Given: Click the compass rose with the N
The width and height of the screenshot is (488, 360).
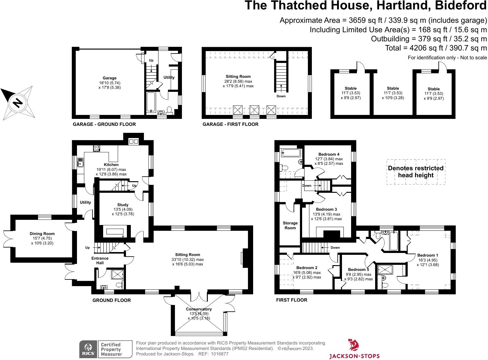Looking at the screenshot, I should coord(19,102).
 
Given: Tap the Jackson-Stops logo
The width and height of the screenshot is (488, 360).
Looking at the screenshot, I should coord(354,349).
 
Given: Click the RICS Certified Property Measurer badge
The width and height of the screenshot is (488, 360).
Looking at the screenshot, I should coord(106,349).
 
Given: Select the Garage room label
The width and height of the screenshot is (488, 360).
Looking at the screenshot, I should coord(109,78).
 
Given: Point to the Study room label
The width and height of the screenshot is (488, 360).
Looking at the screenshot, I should coord(123,205).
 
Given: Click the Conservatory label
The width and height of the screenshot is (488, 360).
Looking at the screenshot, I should coord(199,309).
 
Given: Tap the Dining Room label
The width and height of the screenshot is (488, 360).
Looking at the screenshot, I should coord(42,234).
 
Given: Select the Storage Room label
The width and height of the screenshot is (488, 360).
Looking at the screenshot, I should coord(290,225).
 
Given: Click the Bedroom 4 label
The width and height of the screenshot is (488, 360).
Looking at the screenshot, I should coord(329,154).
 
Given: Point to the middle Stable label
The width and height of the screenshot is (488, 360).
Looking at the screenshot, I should coord(393,88).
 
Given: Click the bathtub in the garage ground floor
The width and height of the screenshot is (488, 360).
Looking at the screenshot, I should coord(151,102).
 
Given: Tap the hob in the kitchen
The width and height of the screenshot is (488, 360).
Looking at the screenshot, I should coord(96,148).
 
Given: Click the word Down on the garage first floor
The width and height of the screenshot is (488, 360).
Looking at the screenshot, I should coord(281,96).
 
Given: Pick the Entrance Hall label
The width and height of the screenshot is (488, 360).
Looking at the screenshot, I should coord(100,261).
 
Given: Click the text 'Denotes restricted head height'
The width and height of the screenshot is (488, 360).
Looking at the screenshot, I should coord(416,172).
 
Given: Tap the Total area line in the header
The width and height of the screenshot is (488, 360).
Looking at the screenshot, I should coord(436,48).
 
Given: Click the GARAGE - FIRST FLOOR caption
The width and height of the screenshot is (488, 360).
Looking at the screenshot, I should coord(230,124).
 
